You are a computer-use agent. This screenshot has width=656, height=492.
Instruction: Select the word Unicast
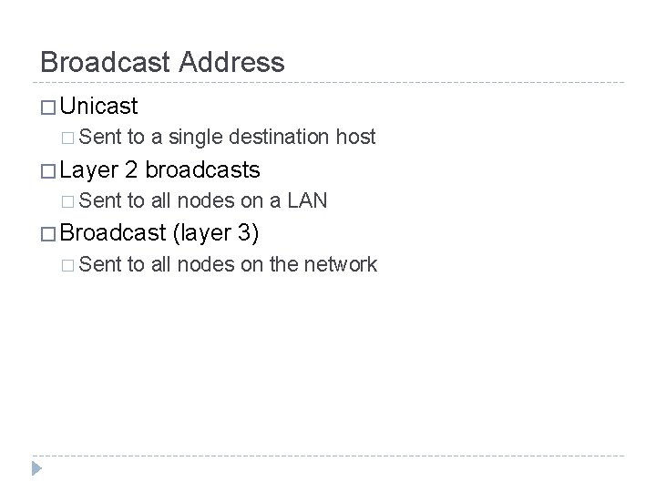click(98, 106)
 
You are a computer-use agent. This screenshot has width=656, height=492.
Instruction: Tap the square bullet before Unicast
click(47, 107)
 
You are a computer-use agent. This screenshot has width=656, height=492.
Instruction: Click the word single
click(189, 138)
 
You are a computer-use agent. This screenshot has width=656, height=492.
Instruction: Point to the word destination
click(280, 138)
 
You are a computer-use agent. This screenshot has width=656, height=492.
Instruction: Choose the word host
click(355, 138)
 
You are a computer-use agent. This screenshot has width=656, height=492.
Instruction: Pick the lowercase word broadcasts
click(202, 169)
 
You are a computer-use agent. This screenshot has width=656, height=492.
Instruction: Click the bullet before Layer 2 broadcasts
click(47, 170)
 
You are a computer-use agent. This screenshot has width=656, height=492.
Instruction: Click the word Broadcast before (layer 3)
click(111, 233)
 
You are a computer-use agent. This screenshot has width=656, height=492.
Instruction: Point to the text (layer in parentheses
click(201, 234)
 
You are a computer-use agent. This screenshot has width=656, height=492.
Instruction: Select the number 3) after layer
click(248, 234)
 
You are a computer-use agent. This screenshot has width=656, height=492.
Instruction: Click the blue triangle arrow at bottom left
click(35, 468)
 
